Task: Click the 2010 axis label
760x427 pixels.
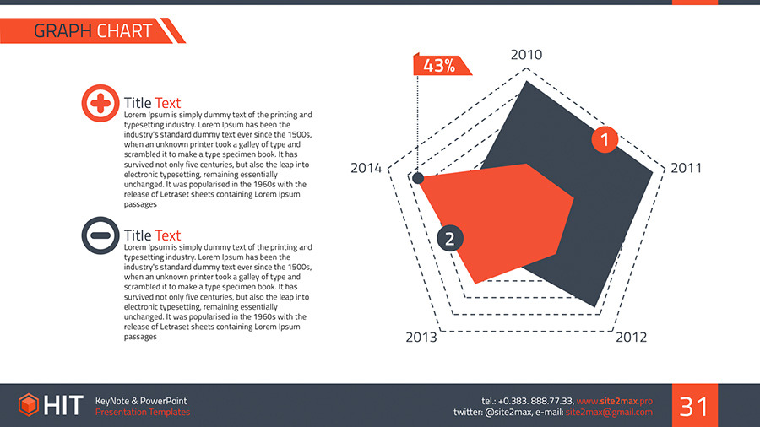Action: [x=526, y=55]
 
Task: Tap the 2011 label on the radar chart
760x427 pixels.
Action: [x=687, y=168]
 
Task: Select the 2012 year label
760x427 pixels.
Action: [x=631, y=338]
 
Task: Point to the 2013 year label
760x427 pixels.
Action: [x=421, y=338]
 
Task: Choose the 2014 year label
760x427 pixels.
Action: [x=366, y=169]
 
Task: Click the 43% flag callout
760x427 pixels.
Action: [x=438, y=65]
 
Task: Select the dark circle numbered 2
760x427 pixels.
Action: [x=449, y=239]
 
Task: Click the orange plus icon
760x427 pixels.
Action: [x=100, y=104]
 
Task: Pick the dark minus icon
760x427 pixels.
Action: [x=100, y=235]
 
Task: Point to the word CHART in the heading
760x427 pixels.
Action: [x=124, y=31]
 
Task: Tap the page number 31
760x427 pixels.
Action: [x=694, y=407]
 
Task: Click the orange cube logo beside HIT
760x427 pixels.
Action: [x=29, y=405]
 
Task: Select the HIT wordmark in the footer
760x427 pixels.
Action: [x=63, y=406]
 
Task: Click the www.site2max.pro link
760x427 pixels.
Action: [x=615, y=400]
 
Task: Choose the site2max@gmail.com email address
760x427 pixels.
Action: [x=609, y=412]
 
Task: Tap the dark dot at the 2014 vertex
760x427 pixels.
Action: [x=417, y=178]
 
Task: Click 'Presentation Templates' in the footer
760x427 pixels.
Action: [x=143, y=412]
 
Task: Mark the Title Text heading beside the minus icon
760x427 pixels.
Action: [x=152, y=235]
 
